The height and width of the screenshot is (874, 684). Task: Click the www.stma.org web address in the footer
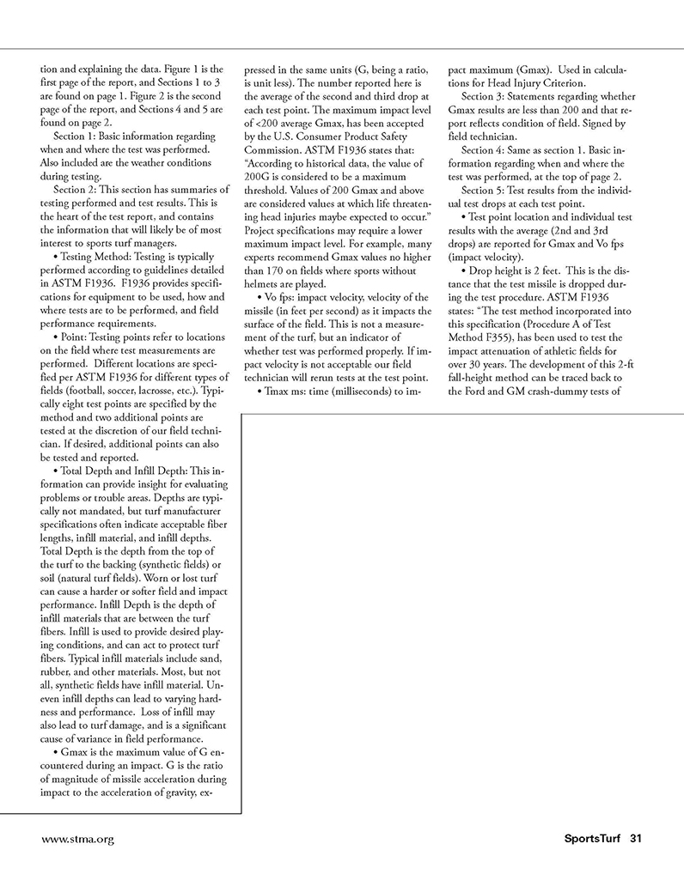(78, 838)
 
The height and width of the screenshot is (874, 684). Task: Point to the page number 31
(637, 838)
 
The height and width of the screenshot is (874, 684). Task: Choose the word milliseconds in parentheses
(359, 392)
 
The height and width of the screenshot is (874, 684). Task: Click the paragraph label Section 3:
(489, 95)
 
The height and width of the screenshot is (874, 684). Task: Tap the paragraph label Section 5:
(489, 190)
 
